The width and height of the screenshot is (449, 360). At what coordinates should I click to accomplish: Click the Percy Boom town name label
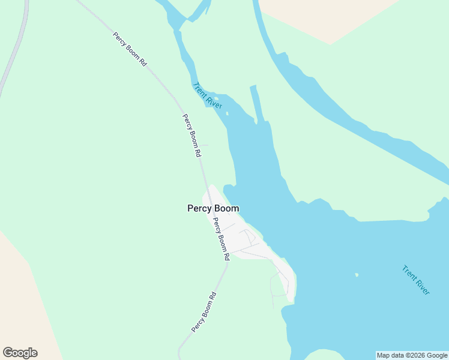pos(213,209)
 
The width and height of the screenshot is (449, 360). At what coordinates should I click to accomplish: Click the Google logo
pos(20,353)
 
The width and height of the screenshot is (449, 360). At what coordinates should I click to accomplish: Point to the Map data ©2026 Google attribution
pos(412,355)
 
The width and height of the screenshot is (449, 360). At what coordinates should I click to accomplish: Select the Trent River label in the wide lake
pos(416,280)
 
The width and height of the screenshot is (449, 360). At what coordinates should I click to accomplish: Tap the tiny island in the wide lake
pos(357,275)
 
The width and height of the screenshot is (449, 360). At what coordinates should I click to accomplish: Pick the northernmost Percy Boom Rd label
pos(130,49)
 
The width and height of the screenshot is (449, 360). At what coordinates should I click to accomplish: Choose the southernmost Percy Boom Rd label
pos(203,312)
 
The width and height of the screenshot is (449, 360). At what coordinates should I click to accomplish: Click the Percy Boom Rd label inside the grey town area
pos(221,239)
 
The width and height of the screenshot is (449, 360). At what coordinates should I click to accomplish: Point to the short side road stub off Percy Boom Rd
pos(204,145)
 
